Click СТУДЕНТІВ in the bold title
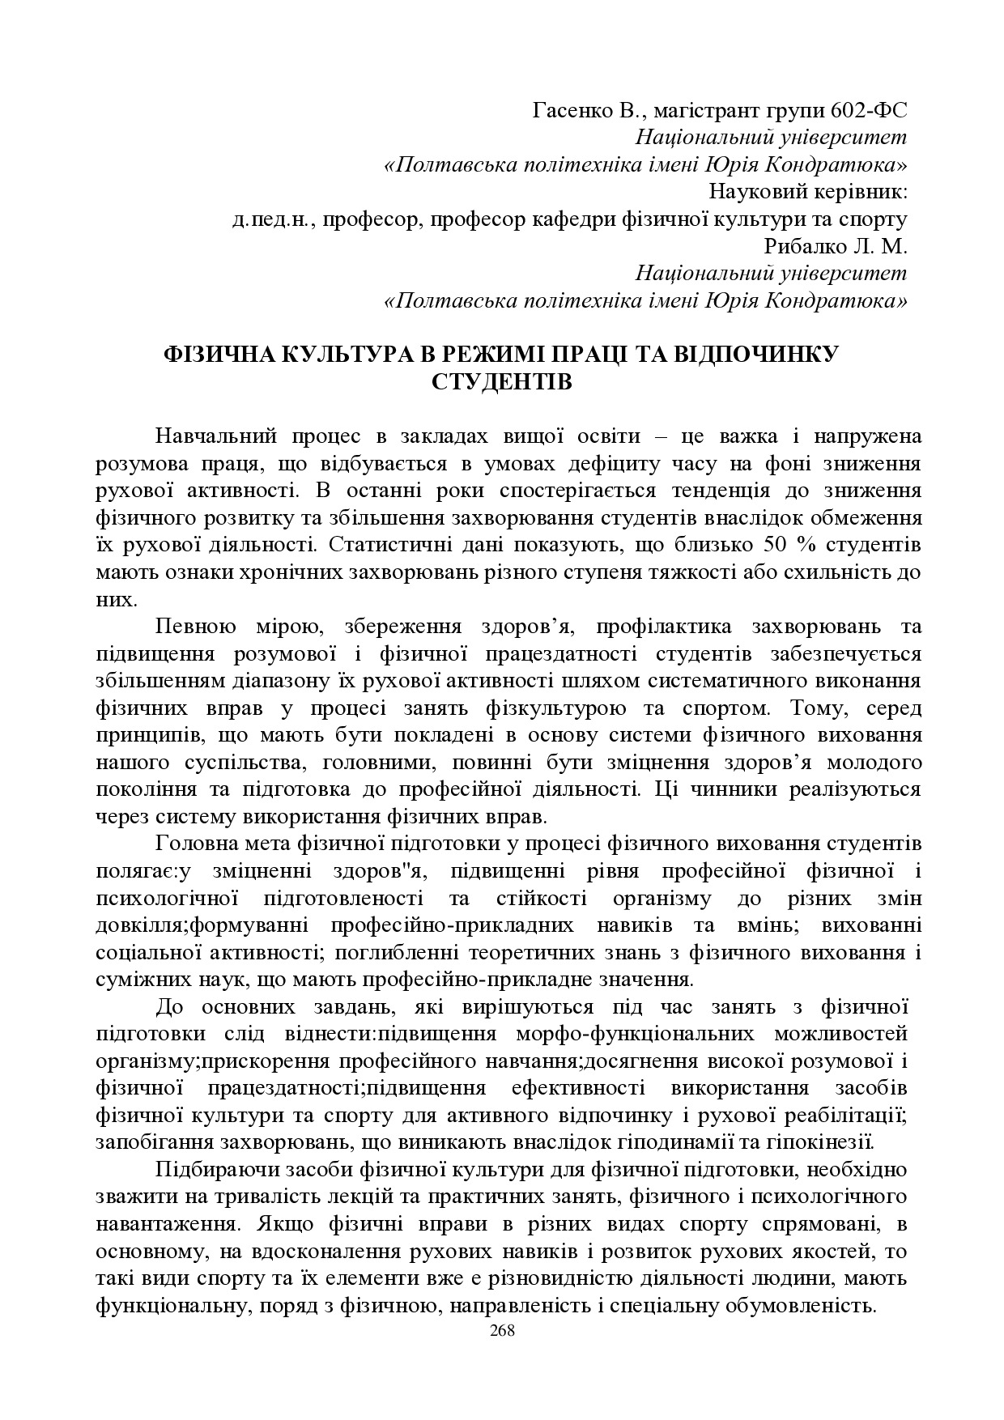tap(502, 381)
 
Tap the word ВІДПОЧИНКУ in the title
tap(759, 354)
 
